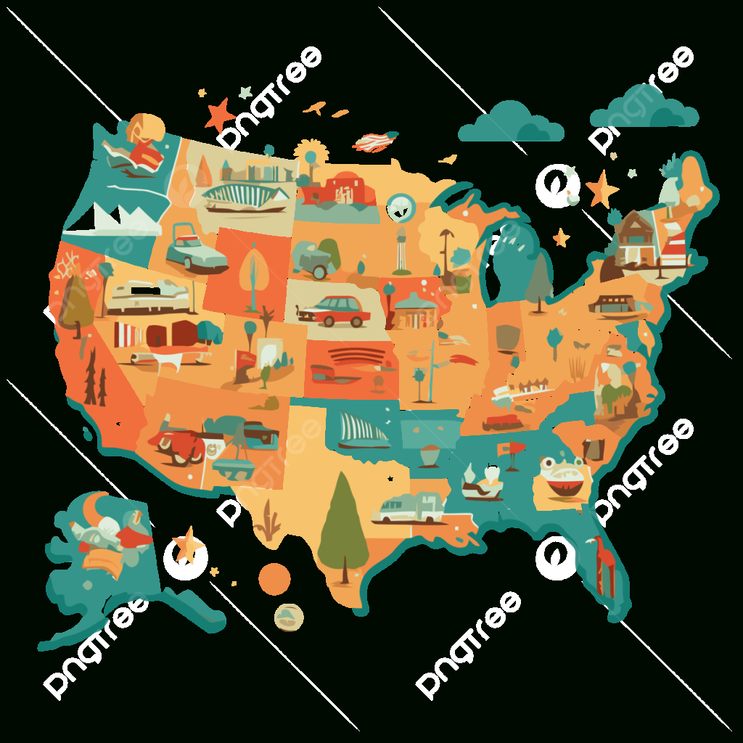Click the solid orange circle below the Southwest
[275, 578]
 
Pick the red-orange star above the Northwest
[218, 115]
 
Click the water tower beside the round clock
[401, 250]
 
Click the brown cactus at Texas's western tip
[271, 520]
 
